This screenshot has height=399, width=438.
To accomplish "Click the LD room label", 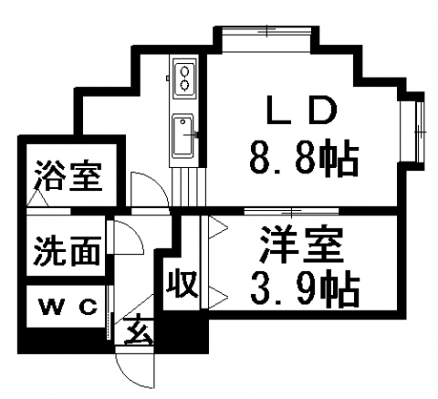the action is [x=302, y=110].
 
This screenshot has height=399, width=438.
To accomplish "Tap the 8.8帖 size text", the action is [x=304, y=158].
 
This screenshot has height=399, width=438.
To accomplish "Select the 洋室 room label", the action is [x=301, y=245].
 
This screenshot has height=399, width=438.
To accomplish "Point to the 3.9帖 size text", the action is [x=305, y=288].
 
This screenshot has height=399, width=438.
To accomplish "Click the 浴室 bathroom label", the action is [x=68, y=175].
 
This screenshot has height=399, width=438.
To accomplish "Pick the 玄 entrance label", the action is [x=139, y=331].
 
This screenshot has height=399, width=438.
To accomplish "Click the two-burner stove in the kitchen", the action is [x=184, y=79].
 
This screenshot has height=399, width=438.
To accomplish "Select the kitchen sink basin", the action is [x=182, y=136].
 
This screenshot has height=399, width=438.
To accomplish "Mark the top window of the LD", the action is [x=266, y=31].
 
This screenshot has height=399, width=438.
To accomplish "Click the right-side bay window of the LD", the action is [x=420, y=131].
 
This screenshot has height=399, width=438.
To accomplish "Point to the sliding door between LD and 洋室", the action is [x=291, y=210].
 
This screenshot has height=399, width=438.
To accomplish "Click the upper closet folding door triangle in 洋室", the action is [x=218, y=227].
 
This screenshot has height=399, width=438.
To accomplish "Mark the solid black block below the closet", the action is [x=182, y=332].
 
